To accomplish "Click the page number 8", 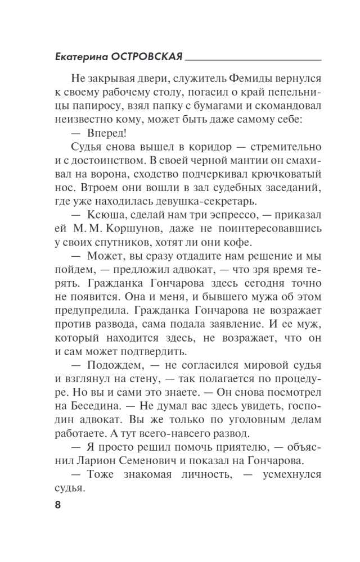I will point(57,504).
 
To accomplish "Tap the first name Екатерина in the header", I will point(80,57).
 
